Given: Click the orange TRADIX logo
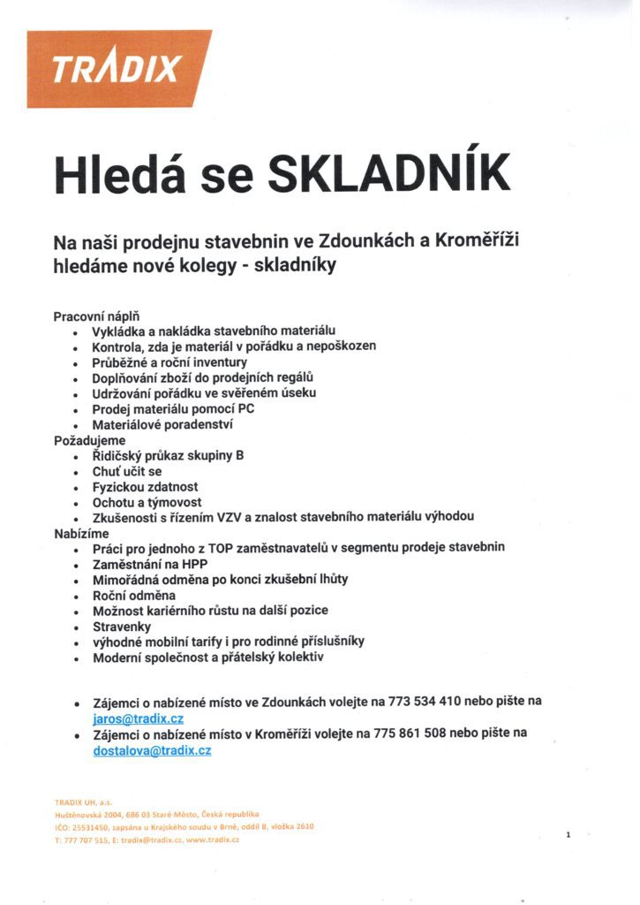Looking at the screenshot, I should point(118,69).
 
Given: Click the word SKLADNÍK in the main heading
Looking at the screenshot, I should point(388,173).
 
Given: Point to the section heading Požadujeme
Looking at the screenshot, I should point(90,440).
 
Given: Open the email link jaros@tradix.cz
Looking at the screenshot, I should point(138,719).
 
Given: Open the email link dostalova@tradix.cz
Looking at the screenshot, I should point(152,750).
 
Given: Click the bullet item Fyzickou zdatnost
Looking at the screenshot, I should point(146,487).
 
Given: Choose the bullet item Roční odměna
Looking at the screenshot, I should point(134,596).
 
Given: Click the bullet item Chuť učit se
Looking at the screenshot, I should point(127,472).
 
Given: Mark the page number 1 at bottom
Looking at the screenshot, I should point(569,833).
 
